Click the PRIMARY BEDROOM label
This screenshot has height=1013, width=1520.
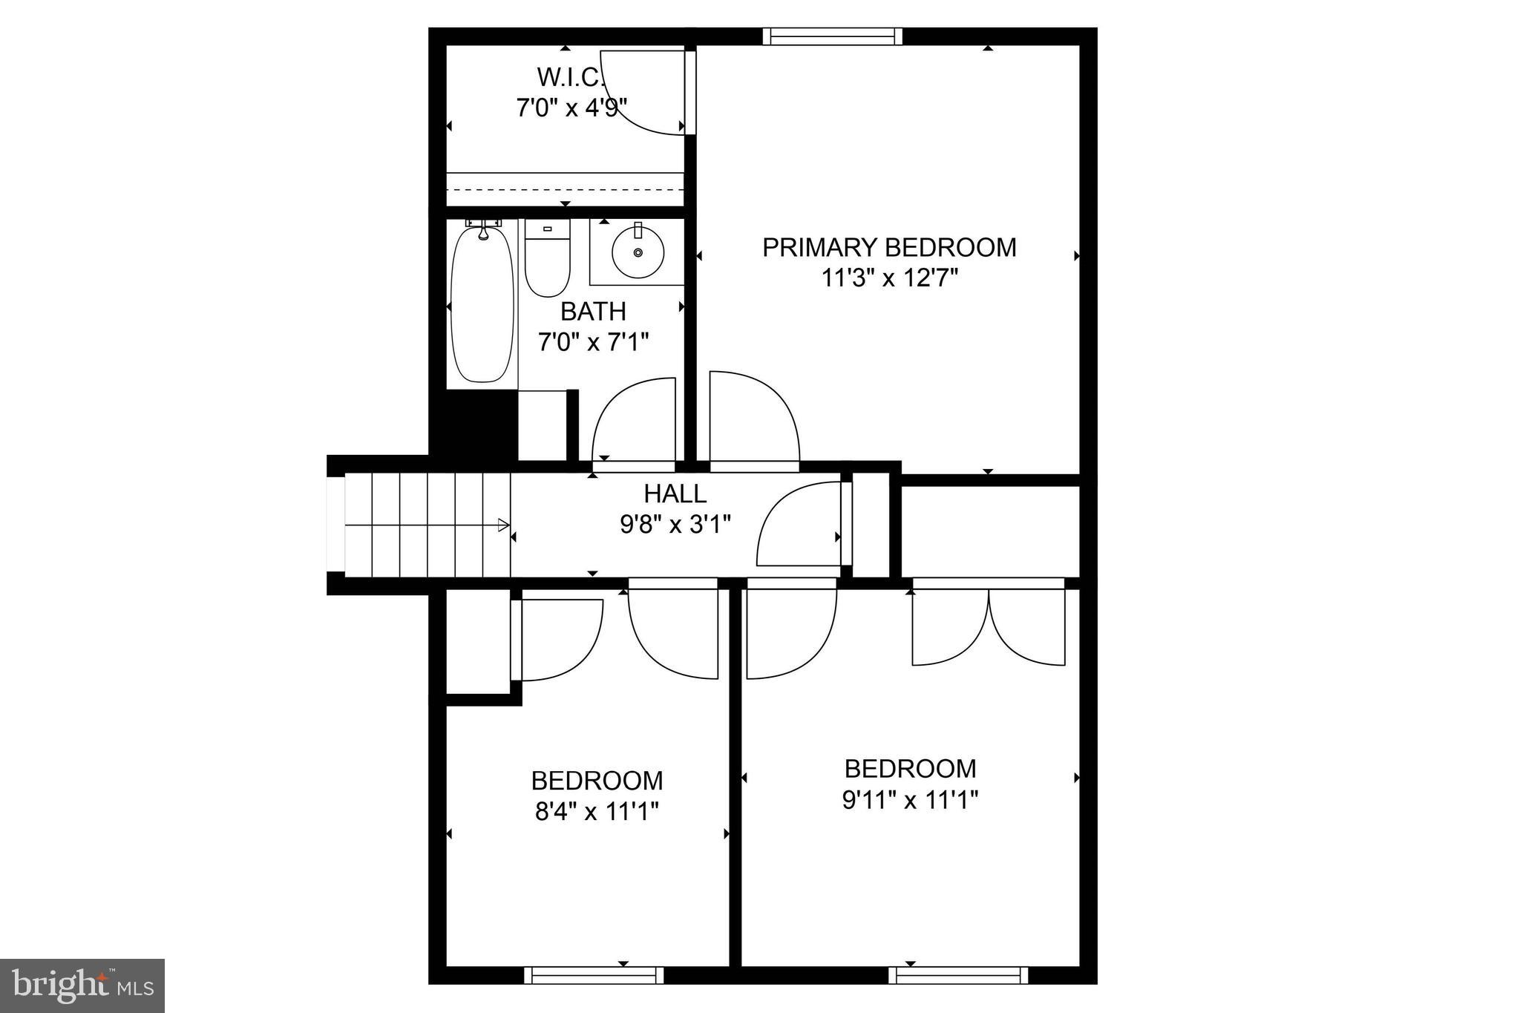pyautogui.click(x=889, y=247)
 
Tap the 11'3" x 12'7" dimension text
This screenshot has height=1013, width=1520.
pyautogui.click(x=889, y=278)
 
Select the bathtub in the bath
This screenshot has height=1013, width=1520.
pyautogui.click(x=482, y=304)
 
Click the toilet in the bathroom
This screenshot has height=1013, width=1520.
pyautogui.click(x=547, y=260)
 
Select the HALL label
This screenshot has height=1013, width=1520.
pyautogui.click(x=675, y=494)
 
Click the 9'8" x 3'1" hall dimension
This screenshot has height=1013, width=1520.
pyautogui.click(x=675, y=525)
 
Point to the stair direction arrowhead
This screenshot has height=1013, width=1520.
pyautogui.click(x=504, y=525)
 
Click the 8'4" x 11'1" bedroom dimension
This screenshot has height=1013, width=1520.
pyautogui.click(x=597, y=812)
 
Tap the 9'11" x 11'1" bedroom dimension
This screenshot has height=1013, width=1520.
pyautogui.click(x=910, y=800)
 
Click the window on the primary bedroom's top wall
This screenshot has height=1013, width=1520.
pyautogui.click(x=832, y=36)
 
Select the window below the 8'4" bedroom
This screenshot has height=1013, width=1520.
pyautogui.click(x=594, y=975)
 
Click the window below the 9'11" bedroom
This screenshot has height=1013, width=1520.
pyautogui.click(x=958, y=975)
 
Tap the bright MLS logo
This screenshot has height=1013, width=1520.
pyautogui.click(x=82, y=986)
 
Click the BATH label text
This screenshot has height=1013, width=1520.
pyautogui.click(x=593, y=311)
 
